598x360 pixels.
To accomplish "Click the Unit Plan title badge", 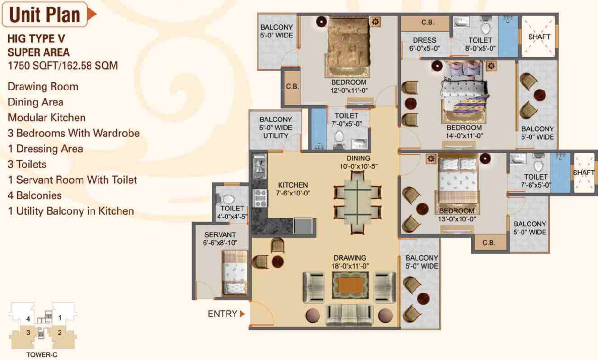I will coord(45,15).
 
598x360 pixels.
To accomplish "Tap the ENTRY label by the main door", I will coord(222,314).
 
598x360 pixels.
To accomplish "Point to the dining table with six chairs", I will coord(357,202).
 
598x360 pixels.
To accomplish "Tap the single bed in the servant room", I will coord(235,272).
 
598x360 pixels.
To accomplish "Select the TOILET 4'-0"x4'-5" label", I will coord(232,212).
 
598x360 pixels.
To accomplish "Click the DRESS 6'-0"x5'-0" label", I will coord(425,44).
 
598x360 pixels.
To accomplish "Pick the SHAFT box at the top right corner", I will coord(539,37).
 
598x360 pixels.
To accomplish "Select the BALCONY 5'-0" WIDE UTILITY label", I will coord(275,127).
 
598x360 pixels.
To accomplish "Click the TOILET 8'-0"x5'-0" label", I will coord(480,44).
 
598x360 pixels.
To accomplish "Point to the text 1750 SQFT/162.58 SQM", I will coord(62,66).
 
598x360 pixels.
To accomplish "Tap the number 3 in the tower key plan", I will coord(29,333).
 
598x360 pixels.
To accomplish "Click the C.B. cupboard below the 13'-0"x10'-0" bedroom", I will coord(489,243).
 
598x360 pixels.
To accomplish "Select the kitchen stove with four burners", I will coord(260,198).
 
